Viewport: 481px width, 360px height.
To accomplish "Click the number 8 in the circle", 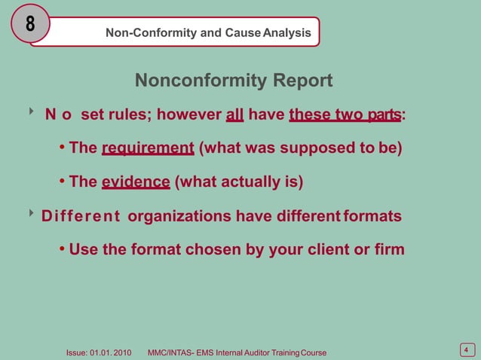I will click(30, 23).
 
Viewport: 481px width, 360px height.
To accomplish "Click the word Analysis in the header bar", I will click(286, 33).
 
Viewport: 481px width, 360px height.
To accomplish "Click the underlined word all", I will click(234, 115).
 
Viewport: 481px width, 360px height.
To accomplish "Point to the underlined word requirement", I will click(148, 148).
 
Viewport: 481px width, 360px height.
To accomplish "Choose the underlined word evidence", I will click(136, 182).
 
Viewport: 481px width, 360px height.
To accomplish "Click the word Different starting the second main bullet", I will click(81, 217).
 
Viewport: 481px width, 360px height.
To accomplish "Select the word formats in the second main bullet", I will click(372, 217).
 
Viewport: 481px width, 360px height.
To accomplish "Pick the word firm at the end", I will click(389, 249).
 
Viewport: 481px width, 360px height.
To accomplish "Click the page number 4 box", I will click(467, 349).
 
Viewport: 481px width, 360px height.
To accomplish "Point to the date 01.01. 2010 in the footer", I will click(111, 352).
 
